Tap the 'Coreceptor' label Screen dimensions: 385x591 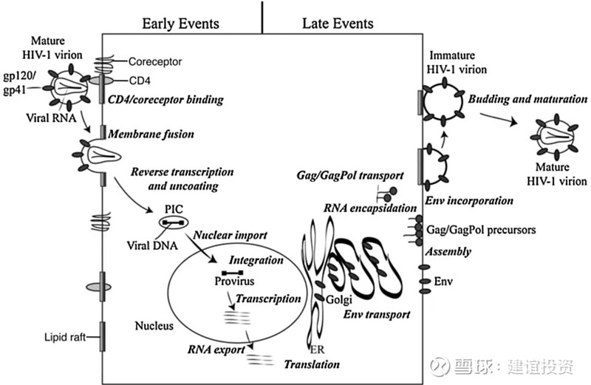point(153,63)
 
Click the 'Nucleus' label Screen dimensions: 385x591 point(154,325)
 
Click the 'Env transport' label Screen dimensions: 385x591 point(378,315)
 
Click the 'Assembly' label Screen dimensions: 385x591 point(448,251)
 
